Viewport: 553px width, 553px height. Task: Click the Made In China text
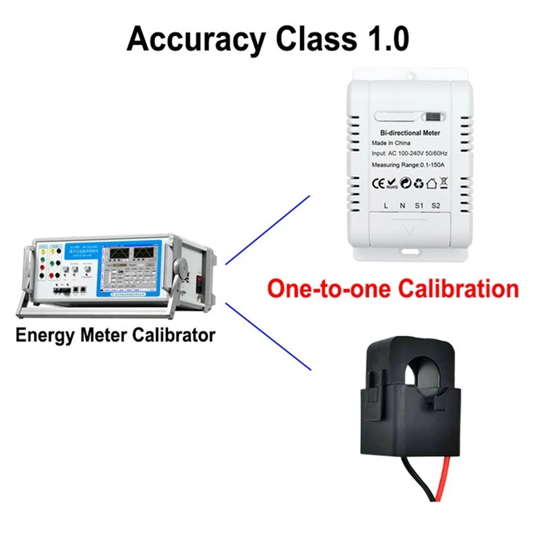pyautogui.click(x=391, y=143)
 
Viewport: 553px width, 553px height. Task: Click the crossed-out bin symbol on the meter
pyautogui.click(x=443, y=183)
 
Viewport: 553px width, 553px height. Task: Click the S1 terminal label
pyautogui.click(x=419, y=206)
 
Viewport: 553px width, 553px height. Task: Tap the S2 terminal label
pyautogui.click(x=436, y=206)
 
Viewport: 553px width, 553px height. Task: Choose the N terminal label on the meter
pyautogui.click(x=402, y=206)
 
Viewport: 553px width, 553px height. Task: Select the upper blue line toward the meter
pyautogui.click(x=270, y=228)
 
